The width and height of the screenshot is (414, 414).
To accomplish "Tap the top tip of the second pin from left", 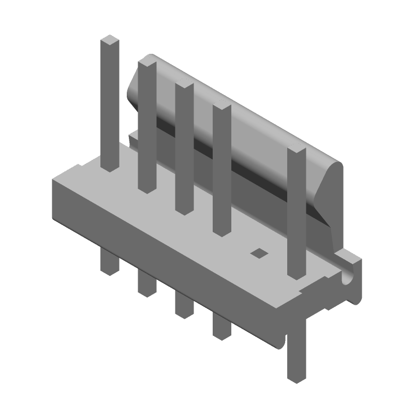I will click(147, 64).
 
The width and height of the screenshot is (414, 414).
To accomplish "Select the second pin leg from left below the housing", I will click(147, 285).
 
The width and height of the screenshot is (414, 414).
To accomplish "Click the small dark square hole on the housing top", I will click(258, 253).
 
